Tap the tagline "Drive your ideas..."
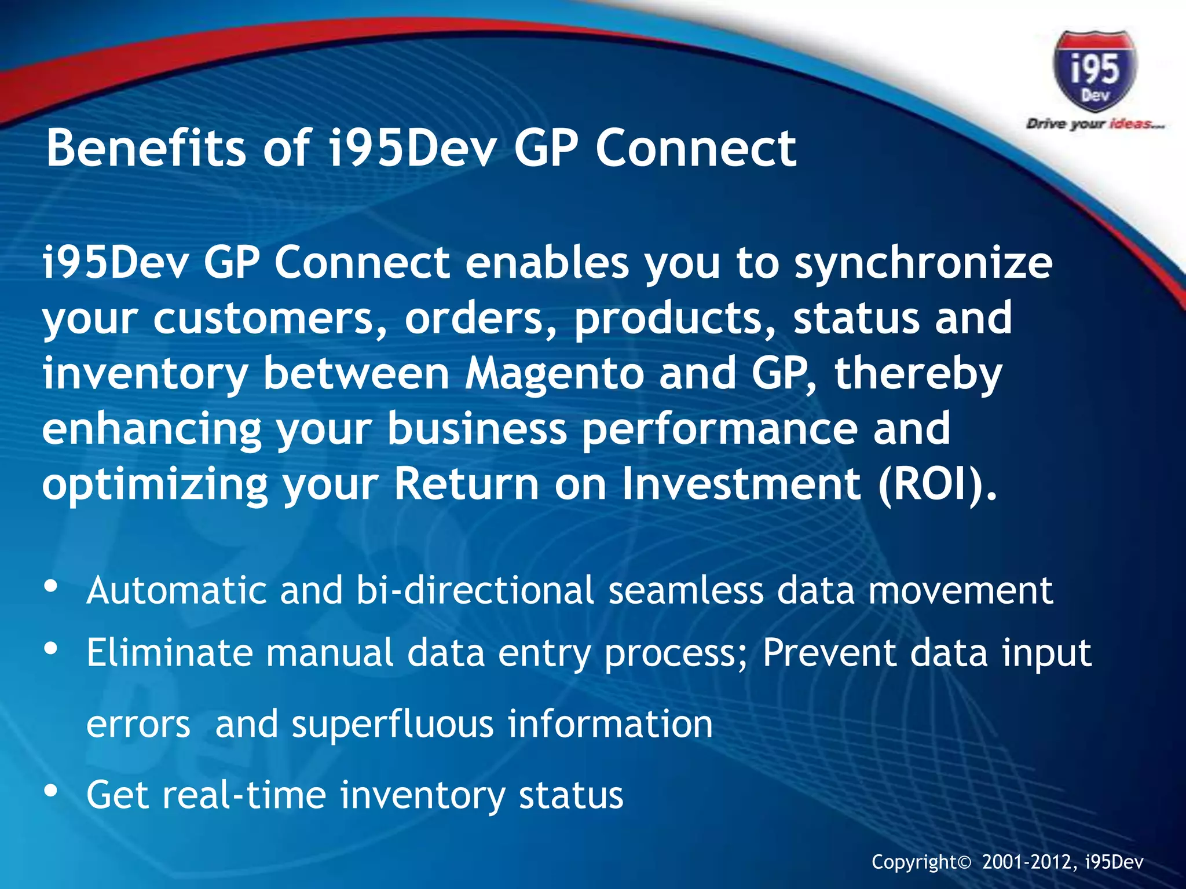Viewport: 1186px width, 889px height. tap(1095, 124)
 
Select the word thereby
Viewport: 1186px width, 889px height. tap(918, 374)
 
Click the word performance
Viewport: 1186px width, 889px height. tap(719, 429)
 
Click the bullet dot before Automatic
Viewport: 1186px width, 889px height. tap(51, 586)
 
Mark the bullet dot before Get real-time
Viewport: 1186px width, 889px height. tap(51, 790)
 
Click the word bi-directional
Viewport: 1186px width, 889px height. tap(475, 590)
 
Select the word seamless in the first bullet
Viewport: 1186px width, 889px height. tap(686, 590)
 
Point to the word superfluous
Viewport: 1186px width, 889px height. tap(393, 725)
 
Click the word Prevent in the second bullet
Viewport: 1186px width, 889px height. tap(829, 653)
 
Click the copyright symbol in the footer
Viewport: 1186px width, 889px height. tap(964, 863)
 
